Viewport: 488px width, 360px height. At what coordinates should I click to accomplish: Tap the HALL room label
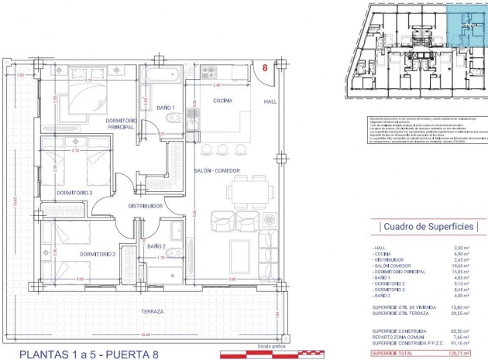[269, 101]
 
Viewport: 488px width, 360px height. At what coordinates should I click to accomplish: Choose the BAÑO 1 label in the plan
[165, 108]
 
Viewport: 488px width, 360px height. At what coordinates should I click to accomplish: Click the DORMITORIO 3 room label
[74, 193]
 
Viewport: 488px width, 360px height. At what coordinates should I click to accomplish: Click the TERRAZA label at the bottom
[153, 312]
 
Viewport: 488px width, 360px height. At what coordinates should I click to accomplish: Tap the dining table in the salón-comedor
[249, 190]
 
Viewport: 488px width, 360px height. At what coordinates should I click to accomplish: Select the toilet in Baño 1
[173, 118]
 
